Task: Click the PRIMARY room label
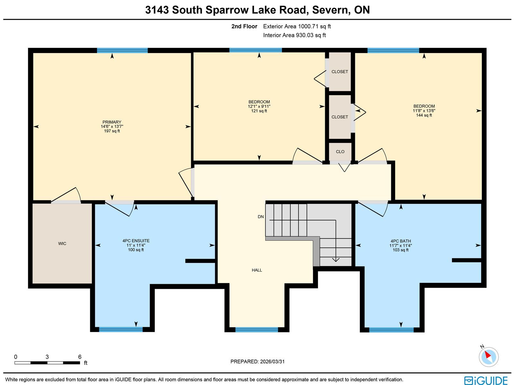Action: tap(112, 122)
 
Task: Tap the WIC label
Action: tap(62, 244)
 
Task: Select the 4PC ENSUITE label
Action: tap(136, 240)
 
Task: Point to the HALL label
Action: tap(257, 270)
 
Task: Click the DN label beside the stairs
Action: tap(261, 217)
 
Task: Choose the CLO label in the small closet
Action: tap(340, 151)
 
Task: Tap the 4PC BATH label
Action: tap(401, 241)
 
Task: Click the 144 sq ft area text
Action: tap(424, 115)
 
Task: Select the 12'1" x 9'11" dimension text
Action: tap(259, 106)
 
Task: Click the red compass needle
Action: tap(488, 355)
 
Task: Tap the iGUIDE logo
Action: tap(486, 380)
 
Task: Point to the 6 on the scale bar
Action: tap(80, 357)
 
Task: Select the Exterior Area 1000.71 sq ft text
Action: tap(297, 26)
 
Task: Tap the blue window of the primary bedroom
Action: tap(122, 50)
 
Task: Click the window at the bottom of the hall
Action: tap(257, 329)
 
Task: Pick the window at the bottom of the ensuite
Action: tap(121, 329)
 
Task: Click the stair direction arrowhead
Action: tap(336, 260)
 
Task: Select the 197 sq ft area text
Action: tap(112, 131)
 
